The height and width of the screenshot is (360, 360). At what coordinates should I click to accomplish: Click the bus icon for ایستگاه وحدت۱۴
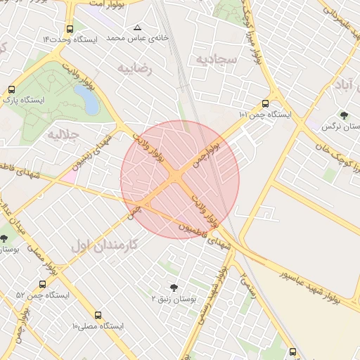(69, 30)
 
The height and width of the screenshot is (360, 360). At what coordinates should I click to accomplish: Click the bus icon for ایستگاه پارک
(11, 90)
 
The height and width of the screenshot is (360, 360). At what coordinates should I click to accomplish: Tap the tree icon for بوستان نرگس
(343, 115)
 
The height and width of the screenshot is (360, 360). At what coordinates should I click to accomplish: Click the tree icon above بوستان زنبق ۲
(174, 287)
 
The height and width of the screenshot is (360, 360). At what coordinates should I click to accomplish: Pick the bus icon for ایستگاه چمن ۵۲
(42, 285)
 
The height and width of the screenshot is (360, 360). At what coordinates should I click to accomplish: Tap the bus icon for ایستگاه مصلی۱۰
(98, 316)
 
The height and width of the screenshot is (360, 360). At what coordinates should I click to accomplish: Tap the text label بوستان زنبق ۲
(174, 299)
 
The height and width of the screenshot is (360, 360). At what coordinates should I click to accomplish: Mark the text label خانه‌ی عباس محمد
(127, 37)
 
